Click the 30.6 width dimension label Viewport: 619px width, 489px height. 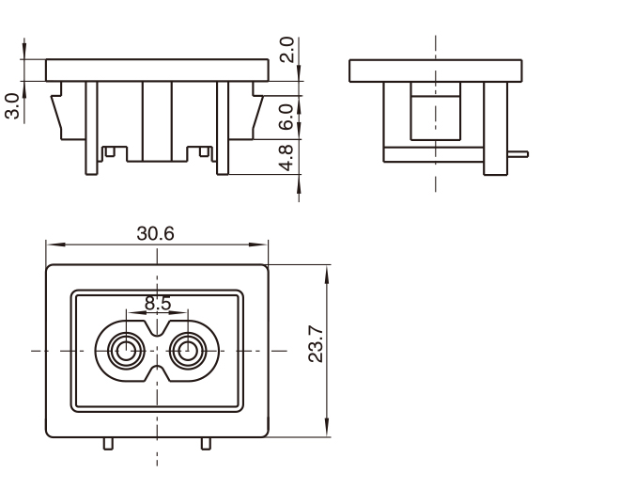click(x=156, y=233)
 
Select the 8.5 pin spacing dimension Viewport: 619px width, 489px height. click(x=158, y=304)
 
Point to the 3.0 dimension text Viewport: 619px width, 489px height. click(x=12, y=105)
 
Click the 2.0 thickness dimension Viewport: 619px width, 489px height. click(x=287, y=50)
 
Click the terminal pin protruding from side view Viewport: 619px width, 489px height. click(x=518, y=153)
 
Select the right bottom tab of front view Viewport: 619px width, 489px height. click(x=206, y=443)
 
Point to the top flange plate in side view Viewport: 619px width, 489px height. click(x=435, y=70)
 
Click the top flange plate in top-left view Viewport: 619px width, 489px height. click(x=157, y=69)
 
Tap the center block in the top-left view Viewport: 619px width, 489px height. click(x=157, y=120)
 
